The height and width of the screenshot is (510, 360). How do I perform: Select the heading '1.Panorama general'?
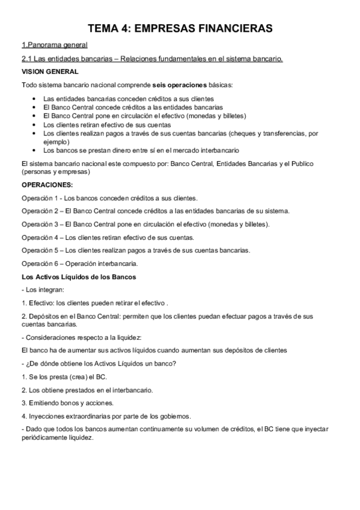point(54,45)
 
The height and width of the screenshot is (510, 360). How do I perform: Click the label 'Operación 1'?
point(40,198)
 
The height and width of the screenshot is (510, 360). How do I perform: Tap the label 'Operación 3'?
point(40,224)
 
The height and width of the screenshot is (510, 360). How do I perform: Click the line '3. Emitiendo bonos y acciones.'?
point(67,402)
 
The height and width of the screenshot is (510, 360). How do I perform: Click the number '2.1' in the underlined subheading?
point(26,58)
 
